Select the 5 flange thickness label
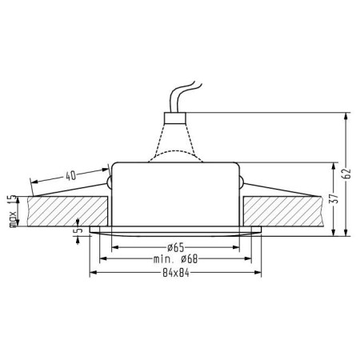tap(76, 230)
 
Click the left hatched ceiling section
tap(64, 210)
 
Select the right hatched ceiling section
tap(284, 210)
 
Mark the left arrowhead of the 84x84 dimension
tap(92, 274)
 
